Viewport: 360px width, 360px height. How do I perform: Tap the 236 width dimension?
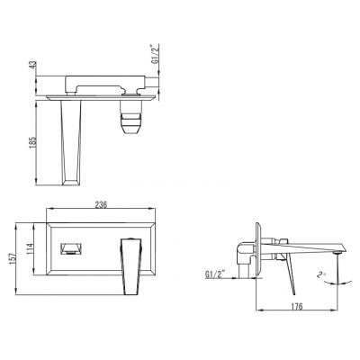102,205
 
